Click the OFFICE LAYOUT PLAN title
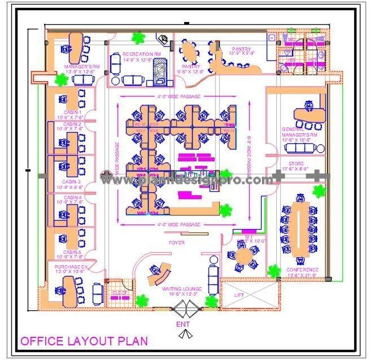(84, 341)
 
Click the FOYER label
(176, 243)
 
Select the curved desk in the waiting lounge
(159, 275)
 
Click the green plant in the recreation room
(137, 38)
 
